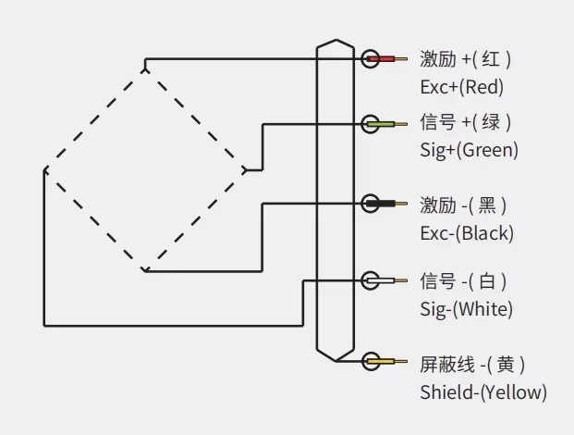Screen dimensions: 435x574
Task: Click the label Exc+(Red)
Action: [x=461, y=88]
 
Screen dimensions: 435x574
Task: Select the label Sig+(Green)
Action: [x=469, y=150]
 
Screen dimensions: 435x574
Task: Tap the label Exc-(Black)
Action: [x=466, y=232]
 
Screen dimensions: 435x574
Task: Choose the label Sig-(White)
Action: [x=466, y=308]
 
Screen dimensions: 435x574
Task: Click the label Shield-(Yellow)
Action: [x=482, y=392]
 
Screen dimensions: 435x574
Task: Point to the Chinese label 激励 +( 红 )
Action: [x=465, y=59]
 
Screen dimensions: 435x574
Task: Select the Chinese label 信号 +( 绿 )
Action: [x=465, y=122]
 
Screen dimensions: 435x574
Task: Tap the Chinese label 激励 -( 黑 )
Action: [x=463, y=204]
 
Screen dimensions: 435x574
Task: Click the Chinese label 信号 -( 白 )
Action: [x=463, y=280]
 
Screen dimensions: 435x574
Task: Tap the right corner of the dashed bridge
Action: [x=245, y=170]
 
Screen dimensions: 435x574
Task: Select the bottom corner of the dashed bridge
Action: [x=145, y=271]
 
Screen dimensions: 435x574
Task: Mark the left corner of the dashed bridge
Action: [x=44, y=170]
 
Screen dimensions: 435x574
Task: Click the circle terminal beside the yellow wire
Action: [x=371, y=361]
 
